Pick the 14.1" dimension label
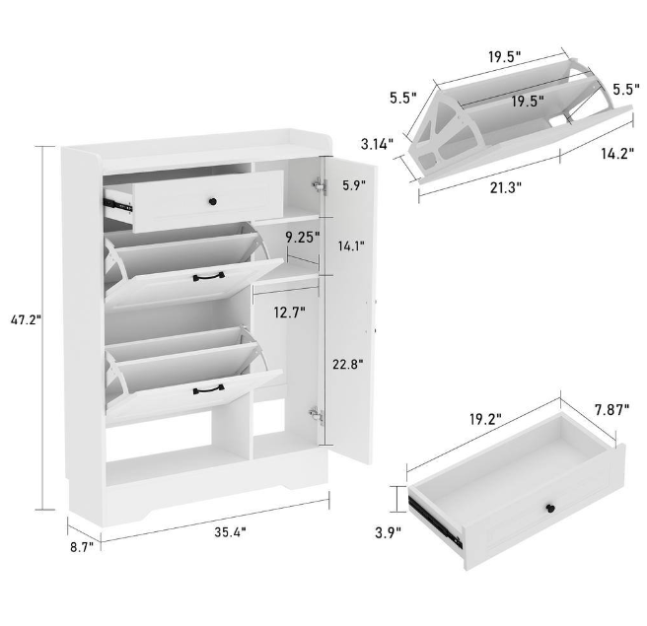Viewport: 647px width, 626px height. [352, 246]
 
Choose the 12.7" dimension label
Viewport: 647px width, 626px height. [288, 313]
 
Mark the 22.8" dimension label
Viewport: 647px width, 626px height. [347, 364]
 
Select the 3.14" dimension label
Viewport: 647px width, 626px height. [378, 143]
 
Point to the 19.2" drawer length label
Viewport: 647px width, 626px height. [480, 418]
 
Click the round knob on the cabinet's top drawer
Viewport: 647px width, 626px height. [210, 202]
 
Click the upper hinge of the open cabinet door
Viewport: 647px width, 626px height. [318, 183]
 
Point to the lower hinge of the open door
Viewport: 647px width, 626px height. [317, 416]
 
